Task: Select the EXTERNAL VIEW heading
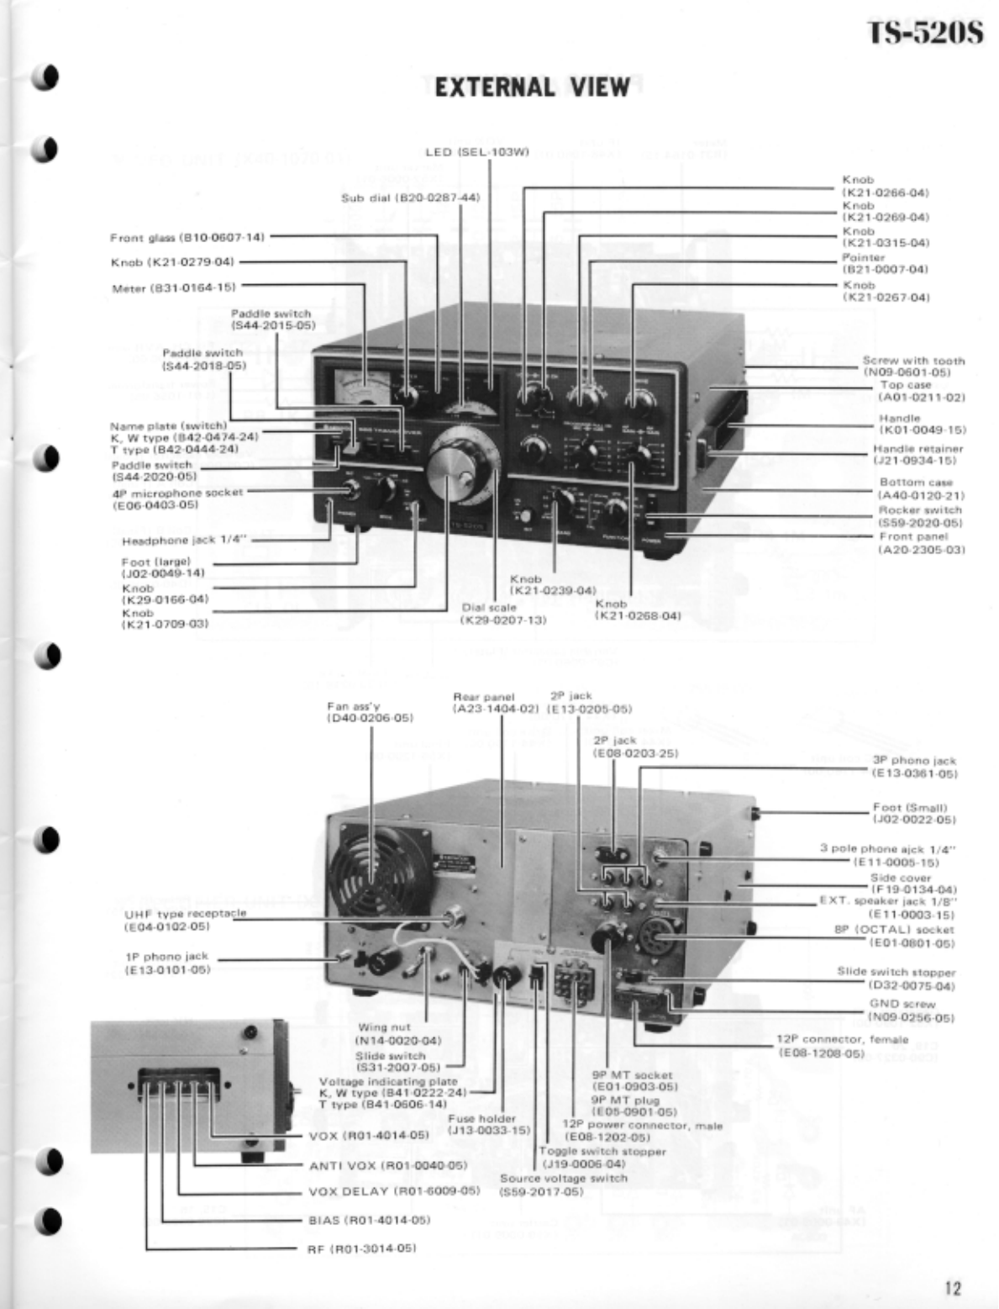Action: tap(533, 87)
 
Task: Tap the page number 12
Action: tap(952, 1287)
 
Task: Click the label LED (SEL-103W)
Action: tap(490, 152)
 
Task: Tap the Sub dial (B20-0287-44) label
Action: tap(410, 198)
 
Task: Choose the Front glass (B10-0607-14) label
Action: tap(187, 238)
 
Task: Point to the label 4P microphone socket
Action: tap(176, 498)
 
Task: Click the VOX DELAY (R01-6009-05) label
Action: tap(394, 1190)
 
